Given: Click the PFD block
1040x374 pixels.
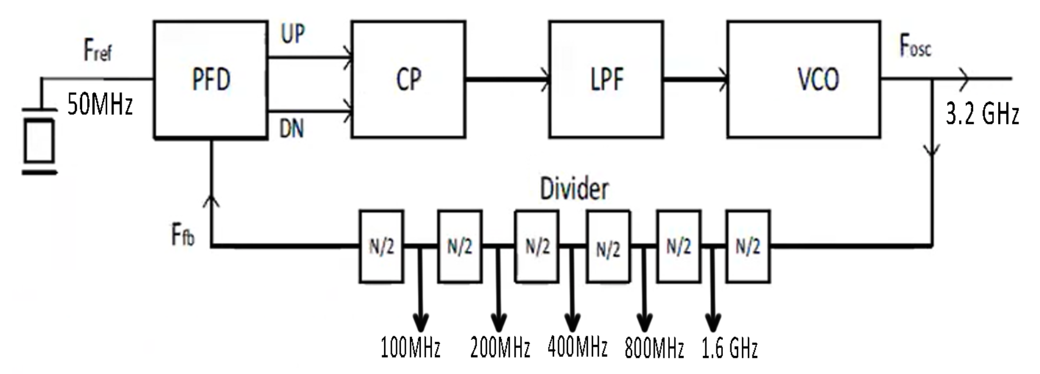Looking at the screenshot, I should pyautogui.click(x=211, y=80).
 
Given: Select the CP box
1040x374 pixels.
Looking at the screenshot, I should pyautogui.click(x=408, y=80).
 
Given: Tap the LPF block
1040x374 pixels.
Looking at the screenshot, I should pyautogui.click(x=606, y=80).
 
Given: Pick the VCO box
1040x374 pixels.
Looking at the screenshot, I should pyautogui.click(x=803, y=80).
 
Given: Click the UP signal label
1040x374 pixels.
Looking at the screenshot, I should pyautogui.click(x=293, y=34).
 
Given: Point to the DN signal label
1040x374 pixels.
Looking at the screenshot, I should pyautogui.click(x=292, y=129).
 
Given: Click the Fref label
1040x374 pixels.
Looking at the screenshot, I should pyautogui.click(x=97, y=51).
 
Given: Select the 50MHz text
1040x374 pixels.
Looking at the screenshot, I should pyautogui.click(x=100, y=105).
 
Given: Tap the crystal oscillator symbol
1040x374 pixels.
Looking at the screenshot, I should pyautogui.click(x=39, y=141).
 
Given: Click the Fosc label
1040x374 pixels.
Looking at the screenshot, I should pyautogui.click(x=915, y=46).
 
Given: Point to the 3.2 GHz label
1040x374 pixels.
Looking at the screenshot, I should pyautogui.click(x=982, y=113).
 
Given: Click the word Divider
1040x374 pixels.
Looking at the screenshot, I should pyautogui.click(x=574, y=189).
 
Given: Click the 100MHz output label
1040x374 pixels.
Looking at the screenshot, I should pyautogui.click(x=410, y=348).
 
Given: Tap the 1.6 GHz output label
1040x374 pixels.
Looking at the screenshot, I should pyautogui.click(x=729, y=348).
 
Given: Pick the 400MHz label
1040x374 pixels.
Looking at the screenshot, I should pyautogui.click(x=577, y=347).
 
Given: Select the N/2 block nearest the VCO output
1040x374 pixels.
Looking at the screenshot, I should pyautogui.click(x=748, y=247).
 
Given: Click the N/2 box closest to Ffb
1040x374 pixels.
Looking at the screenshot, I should pyautogui.click(x=381, y=247).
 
